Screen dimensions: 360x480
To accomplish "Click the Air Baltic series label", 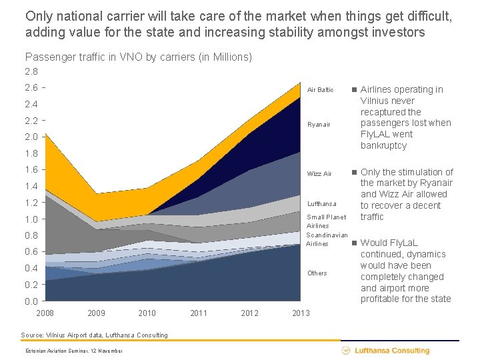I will (320, 90).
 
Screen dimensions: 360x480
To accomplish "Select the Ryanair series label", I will (319, 125).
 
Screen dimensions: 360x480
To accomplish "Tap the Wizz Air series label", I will (319, 174).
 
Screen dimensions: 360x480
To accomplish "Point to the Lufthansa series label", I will (321, 203).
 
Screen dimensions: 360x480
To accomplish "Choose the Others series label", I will (317, 273).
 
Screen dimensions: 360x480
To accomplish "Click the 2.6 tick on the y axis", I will (31, 87).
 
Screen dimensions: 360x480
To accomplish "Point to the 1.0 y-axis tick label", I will (31, 219).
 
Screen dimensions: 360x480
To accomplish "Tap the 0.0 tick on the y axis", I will (31, 301).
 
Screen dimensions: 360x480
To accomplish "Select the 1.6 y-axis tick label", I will (31, 170).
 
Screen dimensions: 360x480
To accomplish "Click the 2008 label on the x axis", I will (45, 313).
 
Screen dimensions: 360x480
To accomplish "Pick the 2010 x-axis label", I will (147, 313).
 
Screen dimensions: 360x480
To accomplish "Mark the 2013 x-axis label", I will (301, 313).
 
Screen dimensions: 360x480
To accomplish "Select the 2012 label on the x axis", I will (249, 313).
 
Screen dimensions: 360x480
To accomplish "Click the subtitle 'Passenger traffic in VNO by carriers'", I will (138, 57).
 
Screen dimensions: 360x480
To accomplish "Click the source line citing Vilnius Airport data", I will (94, 335).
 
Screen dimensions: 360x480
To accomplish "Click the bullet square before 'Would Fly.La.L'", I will (355, 243).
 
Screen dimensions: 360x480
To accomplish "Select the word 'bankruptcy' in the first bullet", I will (383, 145).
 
